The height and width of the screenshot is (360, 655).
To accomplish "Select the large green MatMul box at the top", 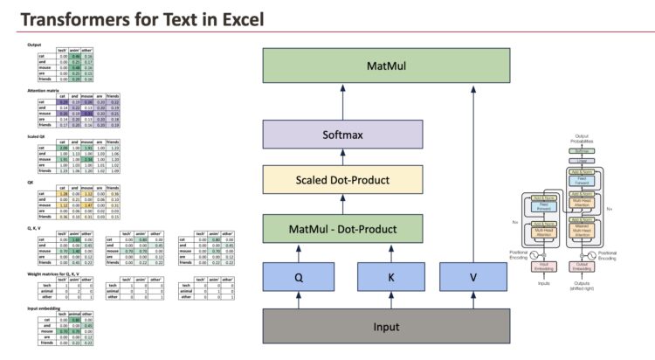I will point(386,66).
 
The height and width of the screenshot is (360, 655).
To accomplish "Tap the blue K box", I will point(386,279).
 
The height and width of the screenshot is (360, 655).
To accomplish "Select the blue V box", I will point(472,279).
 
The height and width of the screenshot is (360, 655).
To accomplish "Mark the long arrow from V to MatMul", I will point(473,175).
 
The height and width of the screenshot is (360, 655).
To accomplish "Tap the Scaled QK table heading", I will point(34,136).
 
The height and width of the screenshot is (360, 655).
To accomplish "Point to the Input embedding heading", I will point(39,308).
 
